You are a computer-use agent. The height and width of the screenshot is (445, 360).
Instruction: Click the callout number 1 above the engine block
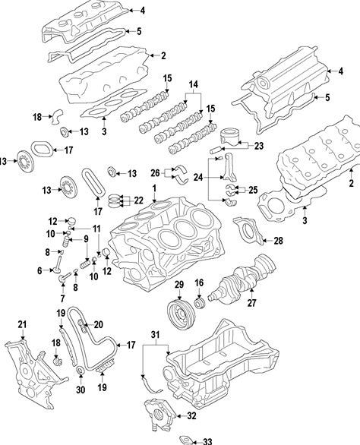[x=154, y=188]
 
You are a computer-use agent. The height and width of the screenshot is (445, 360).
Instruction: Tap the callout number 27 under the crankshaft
[x=251, y=303]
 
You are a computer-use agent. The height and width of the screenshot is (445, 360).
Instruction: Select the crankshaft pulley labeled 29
[x=180, y=316]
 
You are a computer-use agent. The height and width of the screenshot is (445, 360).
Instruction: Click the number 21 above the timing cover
[x=22, y=324]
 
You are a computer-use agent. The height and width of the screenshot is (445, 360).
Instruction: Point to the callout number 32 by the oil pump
[x=191, y=416]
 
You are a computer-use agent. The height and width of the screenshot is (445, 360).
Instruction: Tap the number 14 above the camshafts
[x=194, y=84]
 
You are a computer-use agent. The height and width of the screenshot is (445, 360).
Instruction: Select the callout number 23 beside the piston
[x=259, y=146]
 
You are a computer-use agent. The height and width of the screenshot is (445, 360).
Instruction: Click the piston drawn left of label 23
[x=231, y=137]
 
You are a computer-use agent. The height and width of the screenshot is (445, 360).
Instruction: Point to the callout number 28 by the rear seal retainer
[x=278, y=241]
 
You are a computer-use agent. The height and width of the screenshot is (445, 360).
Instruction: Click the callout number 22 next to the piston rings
[x=138, y=200]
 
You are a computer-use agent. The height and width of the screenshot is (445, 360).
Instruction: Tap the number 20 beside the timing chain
[x=98, y=324]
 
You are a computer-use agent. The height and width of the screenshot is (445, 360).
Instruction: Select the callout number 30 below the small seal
[x=81, y=390]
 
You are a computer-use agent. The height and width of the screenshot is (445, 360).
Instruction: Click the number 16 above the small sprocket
[x=199, y=282]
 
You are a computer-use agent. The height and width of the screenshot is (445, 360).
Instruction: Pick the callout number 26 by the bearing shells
[x=155, y=173]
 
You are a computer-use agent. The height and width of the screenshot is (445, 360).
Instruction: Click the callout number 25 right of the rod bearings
[x=253, y=190]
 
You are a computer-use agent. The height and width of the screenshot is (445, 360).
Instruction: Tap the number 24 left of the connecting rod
[x=198, y=178]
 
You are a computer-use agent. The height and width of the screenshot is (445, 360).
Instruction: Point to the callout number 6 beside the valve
[x=39, y=270]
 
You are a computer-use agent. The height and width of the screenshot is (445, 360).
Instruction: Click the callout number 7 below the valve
[x=62, y=298]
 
